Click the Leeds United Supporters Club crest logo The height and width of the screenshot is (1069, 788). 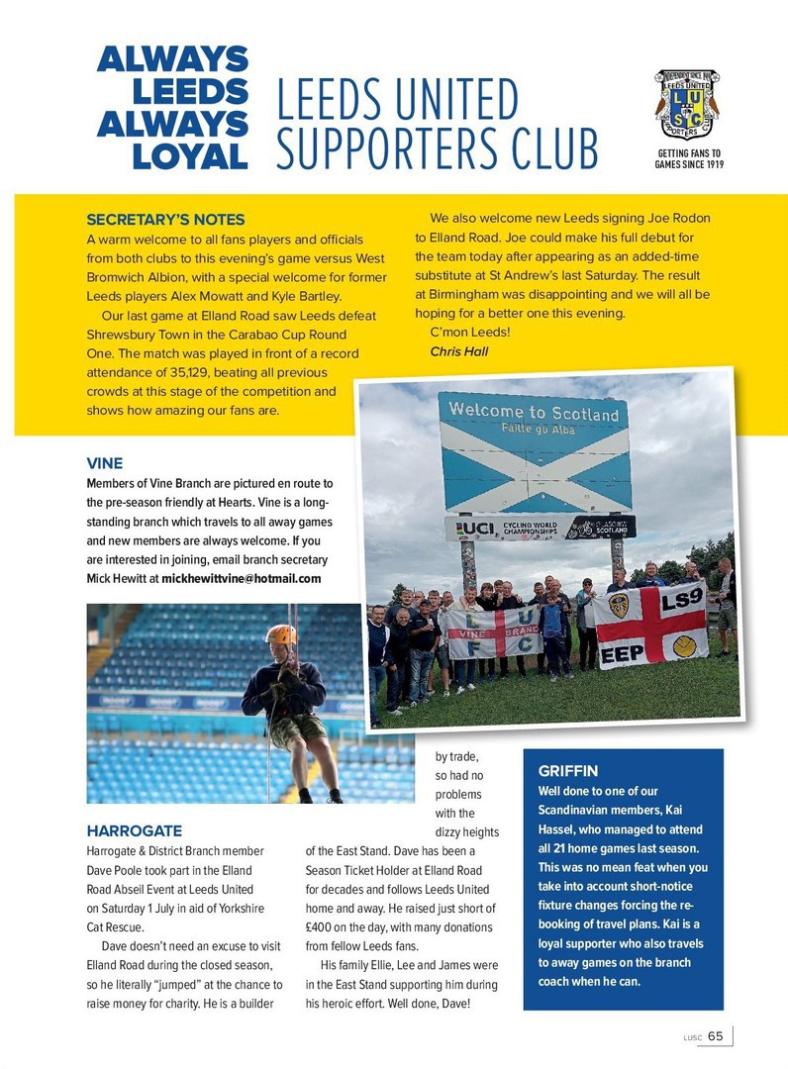tap(686, 105)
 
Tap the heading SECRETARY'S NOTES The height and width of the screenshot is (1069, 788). tap(165, 220)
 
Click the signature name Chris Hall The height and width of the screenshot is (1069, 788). tap(458, 351)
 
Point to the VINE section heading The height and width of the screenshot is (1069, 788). tap(104, 462)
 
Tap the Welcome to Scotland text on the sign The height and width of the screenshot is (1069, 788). tap(534, 412)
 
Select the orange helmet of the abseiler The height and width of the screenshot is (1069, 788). tap(281, 634)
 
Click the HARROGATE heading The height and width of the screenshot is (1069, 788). tap(134, 830)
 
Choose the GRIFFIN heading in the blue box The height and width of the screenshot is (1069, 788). tap(568, 770)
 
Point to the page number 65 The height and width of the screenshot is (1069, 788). tap(715, 1035)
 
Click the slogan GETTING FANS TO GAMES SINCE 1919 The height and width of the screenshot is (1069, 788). tap(688, 159)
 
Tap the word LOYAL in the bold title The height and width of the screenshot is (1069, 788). tap(189, 155)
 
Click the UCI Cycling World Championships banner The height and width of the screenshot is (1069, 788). tap(540, 529)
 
